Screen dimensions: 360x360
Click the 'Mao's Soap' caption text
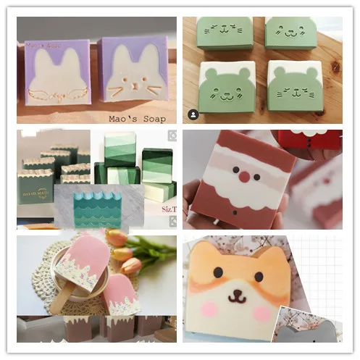pyautogui.click(x=142, y=117)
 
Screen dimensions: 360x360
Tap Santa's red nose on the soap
pyautogui.click(x=245, y=176)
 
